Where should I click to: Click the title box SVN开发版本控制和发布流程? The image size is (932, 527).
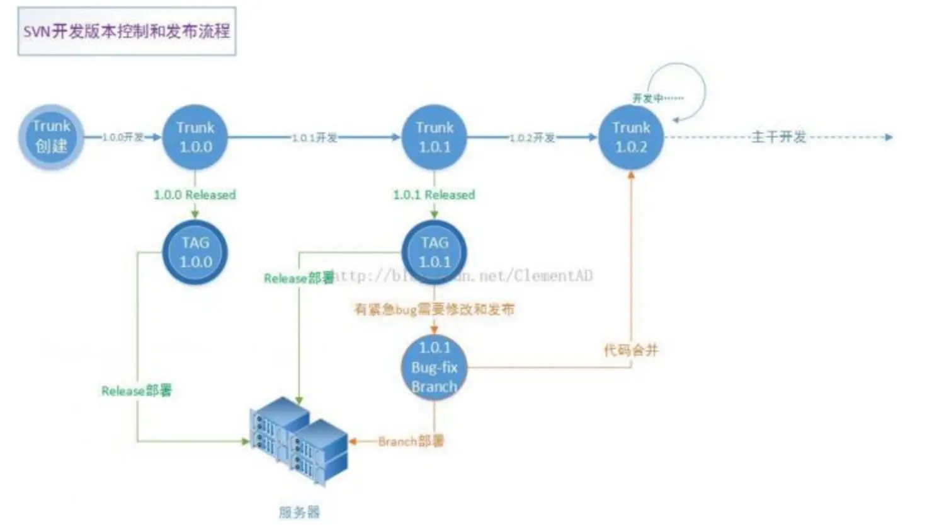(x=127, y=31)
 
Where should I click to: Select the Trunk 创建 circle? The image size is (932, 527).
(x=51, y=137)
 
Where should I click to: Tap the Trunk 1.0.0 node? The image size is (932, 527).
(x=195, y=137)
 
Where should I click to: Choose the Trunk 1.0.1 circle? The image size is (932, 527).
(x=435, y=137)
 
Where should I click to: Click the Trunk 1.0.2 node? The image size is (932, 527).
(x=631, y=137)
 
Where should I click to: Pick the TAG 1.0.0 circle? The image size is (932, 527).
(x=195, y=252)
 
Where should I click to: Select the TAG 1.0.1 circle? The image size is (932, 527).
(x=435, y=252)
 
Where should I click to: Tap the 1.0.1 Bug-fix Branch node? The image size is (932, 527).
(x=435, y=367)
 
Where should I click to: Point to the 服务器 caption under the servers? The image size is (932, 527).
(x=300, y=512)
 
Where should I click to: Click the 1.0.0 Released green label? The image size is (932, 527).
(x=195, y=195)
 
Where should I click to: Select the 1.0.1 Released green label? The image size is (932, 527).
(x=434, y=195)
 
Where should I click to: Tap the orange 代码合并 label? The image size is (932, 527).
(x=631, y=350)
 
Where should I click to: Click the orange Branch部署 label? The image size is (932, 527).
(x=411, y=441)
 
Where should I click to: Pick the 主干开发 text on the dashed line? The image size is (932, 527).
(x=779, y=137)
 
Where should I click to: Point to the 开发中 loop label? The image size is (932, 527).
(x=657, y=98)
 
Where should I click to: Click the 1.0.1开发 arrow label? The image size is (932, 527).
(x=314, y=137)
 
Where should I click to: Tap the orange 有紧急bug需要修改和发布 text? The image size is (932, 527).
(x=434, y=309)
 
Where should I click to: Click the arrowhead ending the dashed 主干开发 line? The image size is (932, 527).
(x=889, y=137)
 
